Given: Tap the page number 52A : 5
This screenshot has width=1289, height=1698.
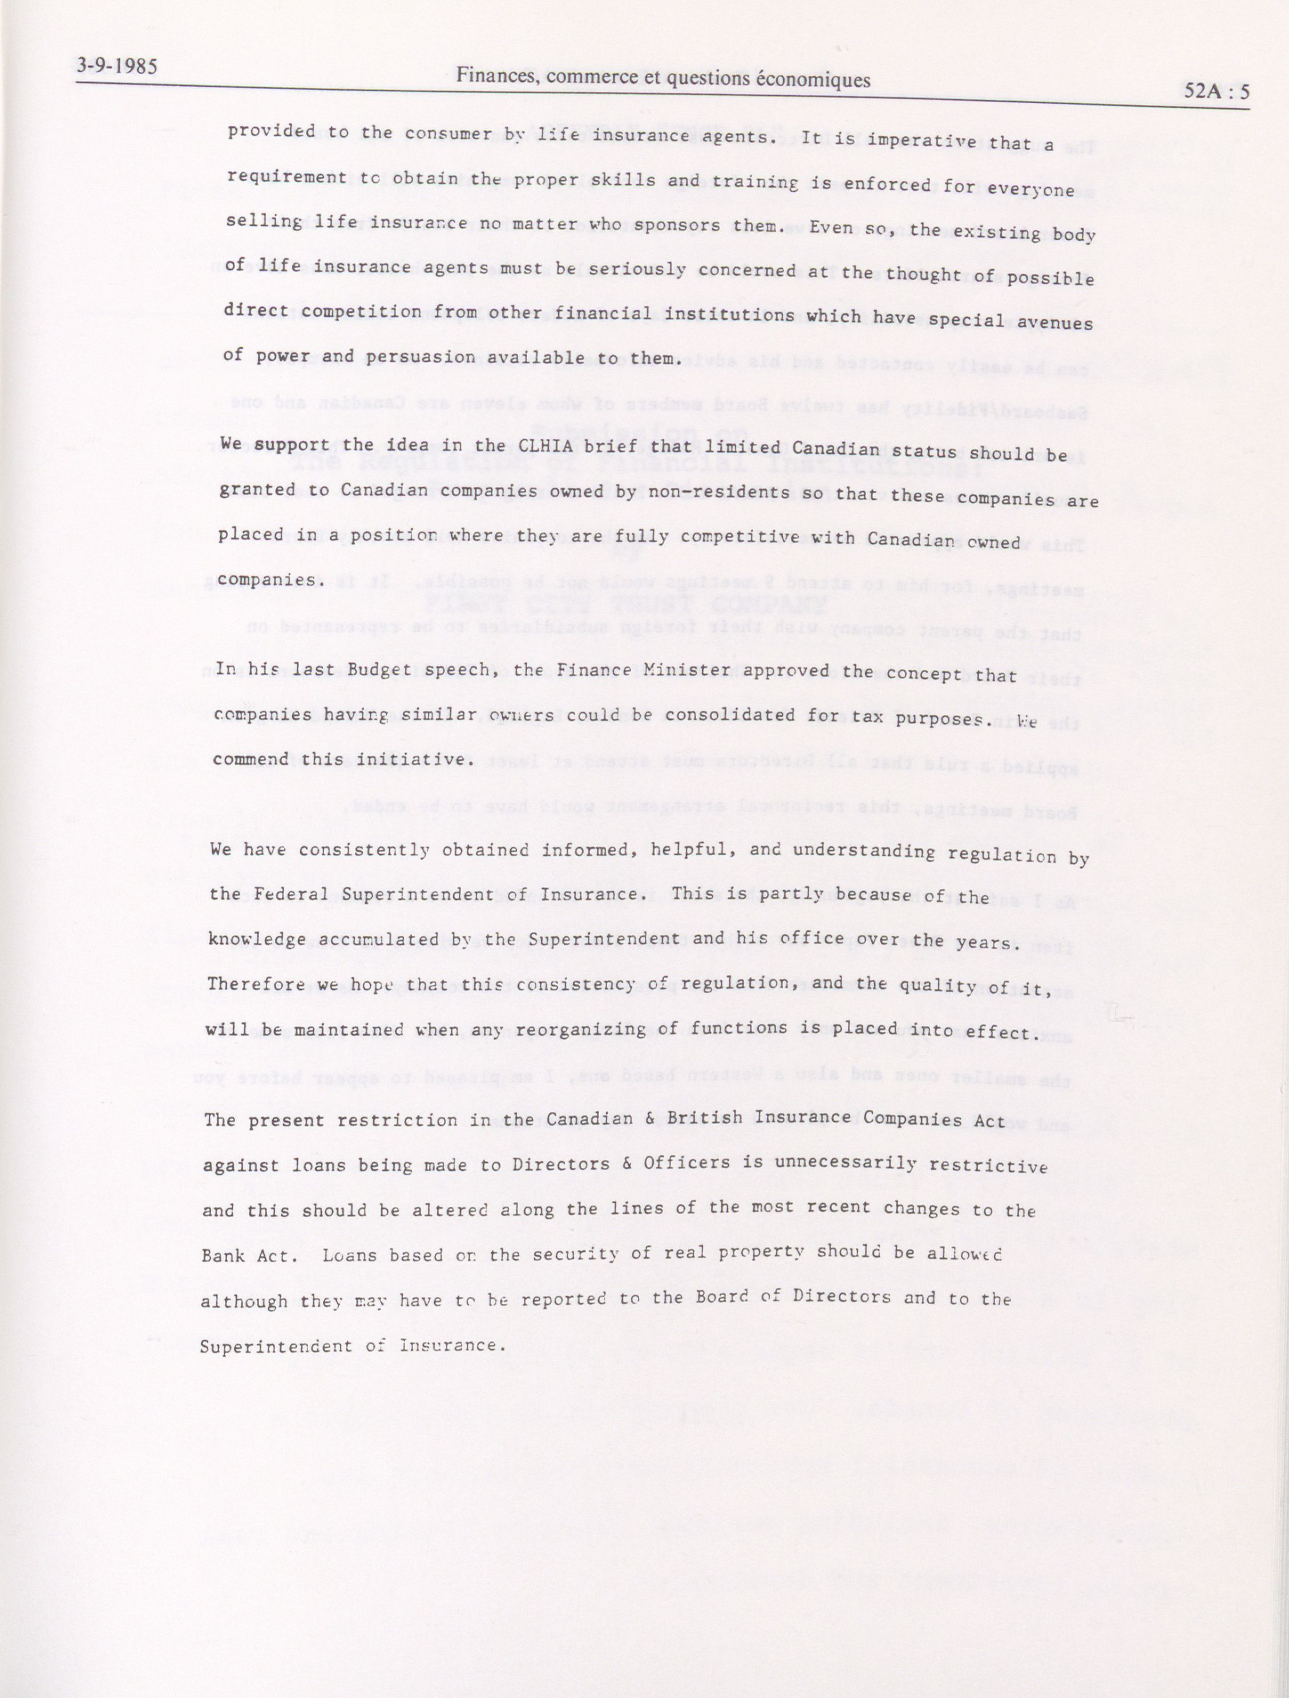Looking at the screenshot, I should coord(1216,91).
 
